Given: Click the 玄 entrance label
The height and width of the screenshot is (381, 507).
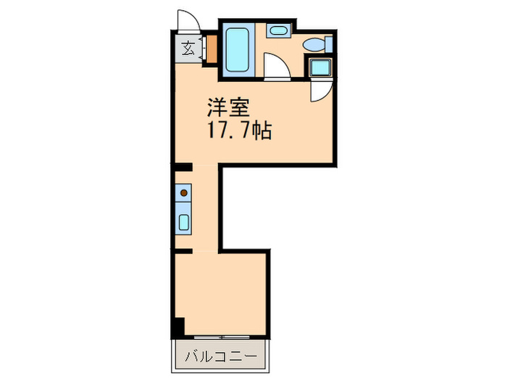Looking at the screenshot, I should (188, 49).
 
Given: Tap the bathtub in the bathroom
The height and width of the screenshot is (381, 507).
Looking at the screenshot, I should (238, 49).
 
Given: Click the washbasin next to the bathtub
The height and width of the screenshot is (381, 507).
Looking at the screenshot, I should (277, 30).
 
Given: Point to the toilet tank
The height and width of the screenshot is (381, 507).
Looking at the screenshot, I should (329, 44).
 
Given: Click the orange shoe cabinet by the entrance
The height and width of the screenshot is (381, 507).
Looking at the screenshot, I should (212, 49).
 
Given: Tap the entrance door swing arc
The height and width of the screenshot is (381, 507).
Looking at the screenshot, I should (186, 20).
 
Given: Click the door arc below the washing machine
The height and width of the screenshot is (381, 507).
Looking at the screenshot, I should (319, 91).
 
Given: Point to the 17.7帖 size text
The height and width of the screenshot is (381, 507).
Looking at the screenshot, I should (239, 132).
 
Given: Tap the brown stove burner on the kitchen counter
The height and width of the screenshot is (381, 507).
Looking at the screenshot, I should (184, 193).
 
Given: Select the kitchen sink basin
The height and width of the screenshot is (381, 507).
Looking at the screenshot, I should (184, 222).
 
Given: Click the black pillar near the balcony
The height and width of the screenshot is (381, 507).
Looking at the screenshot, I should (178, 328).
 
